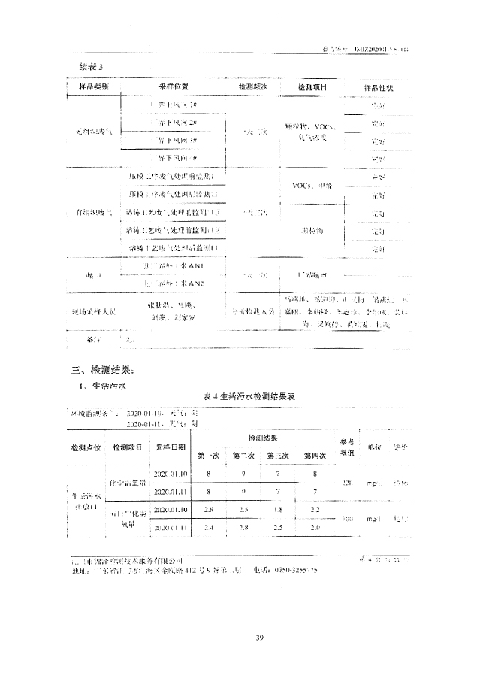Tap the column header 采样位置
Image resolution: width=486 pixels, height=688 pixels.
click(174, 87)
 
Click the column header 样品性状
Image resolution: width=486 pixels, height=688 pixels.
click(379, 88)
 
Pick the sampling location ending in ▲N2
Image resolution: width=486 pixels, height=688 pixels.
click(172, 283)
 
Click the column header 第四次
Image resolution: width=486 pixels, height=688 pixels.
click(314, 455)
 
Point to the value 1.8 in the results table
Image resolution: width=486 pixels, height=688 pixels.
click(278, 510)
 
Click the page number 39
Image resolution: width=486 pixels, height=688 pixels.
click(258, 638)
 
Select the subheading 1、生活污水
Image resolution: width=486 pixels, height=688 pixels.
click(104, 385)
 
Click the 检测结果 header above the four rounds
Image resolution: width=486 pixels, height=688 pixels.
click(261, 438)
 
